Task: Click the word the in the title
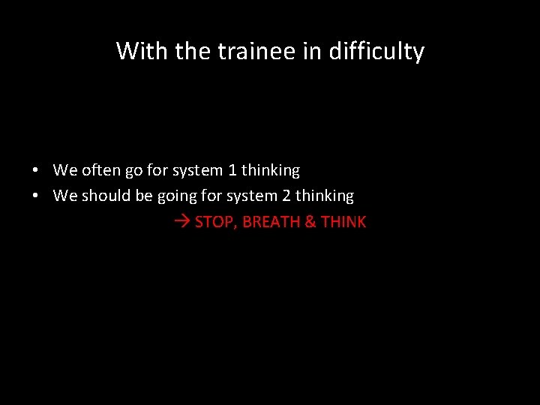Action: (191, 51)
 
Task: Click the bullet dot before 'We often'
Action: (36, 171)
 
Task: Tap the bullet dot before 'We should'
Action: (36, 196)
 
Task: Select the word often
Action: (100, 170)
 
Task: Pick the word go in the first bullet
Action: (133, 171)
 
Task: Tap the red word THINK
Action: (343, 222)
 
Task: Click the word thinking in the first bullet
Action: (270, 171)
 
